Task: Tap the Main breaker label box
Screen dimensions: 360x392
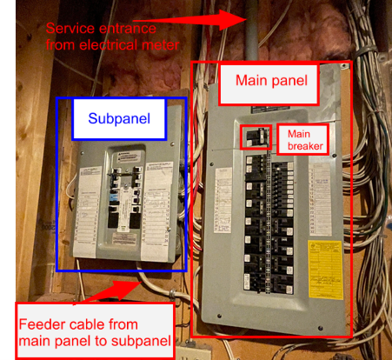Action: coord(302,140)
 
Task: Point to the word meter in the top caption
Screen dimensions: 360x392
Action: coord(158,43)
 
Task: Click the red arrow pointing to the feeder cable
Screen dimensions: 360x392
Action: coord(122,286)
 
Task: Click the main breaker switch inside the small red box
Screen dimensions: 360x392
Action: coord(254,137)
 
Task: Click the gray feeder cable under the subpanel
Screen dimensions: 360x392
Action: coord(153,282)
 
